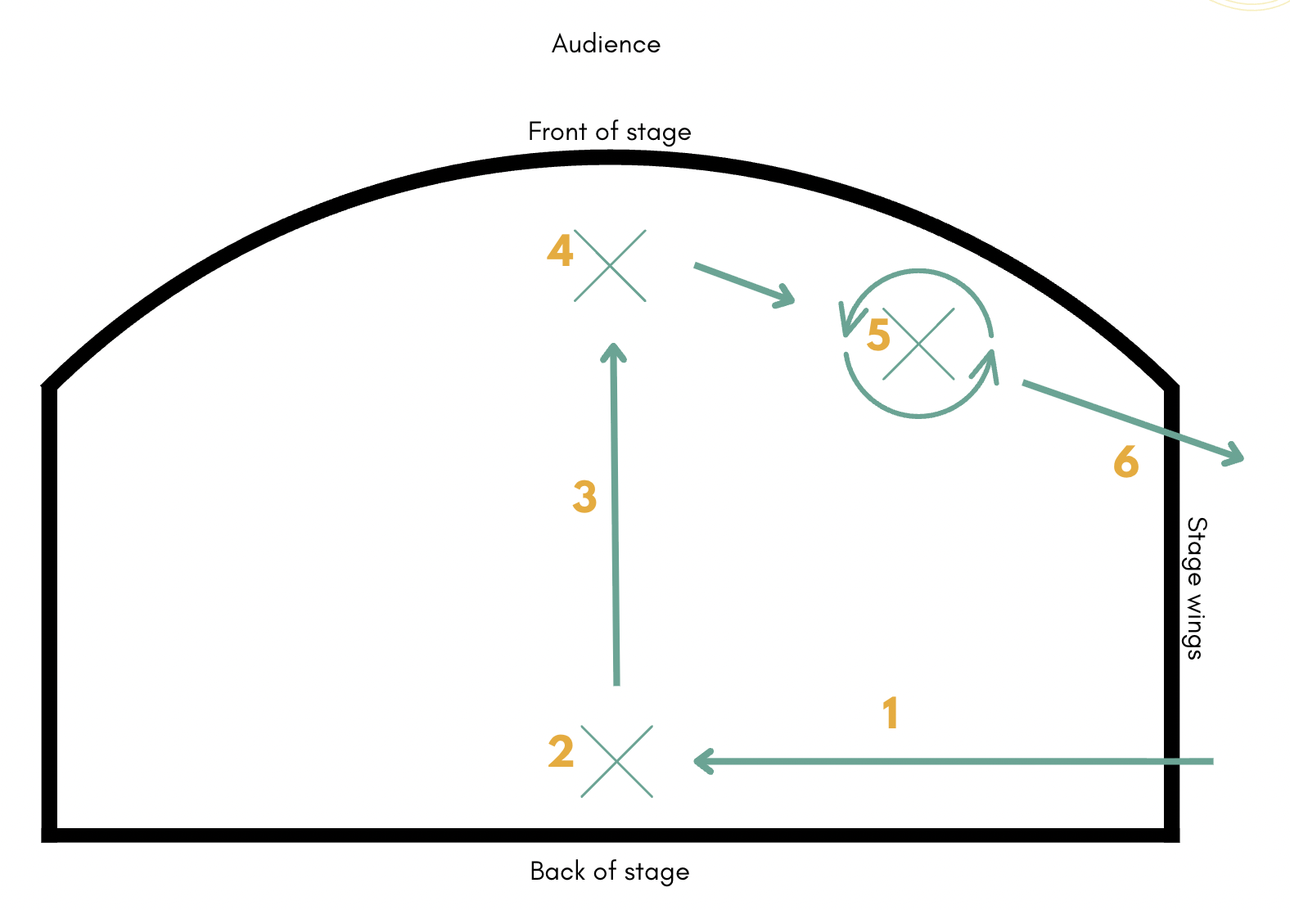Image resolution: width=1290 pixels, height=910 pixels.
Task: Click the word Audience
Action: tap(606, 44)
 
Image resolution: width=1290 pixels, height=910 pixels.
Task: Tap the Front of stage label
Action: tap(609, 132)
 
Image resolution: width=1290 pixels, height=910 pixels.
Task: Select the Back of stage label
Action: tap(609, 872)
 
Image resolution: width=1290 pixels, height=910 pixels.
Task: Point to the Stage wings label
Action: tap(1196, 588)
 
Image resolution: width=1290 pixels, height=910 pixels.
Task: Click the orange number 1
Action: tap(891, 713)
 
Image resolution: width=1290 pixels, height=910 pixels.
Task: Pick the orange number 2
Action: tap(562, 751)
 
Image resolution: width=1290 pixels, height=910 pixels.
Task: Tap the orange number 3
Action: tap(584, 497)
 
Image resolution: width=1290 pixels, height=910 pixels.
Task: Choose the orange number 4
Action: tap(560, 250)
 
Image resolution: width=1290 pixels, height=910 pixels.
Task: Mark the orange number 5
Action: tap(878, 335)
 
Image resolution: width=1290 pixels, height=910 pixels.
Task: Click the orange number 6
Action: tap(1126, 462)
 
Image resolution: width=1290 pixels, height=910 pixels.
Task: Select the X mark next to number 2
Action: tap(617, 761)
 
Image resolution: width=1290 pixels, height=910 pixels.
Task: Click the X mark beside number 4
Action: tap(610, 266)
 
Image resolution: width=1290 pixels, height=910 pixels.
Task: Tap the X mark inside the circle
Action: tap(919, 344)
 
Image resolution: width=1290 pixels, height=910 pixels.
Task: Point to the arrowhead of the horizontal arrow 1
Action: tap(701, 761)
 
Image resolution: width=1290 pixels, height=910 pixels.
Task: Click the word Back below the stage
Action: tap(557, 872)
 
